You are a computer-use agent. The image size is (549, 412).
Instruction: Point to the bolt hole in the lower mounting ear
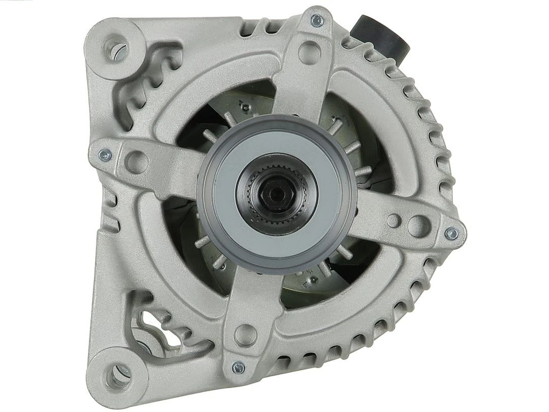click(x=118, y=375)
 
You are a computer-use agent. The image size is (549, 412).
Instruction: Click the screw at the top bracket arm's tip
click(x=317, y=20)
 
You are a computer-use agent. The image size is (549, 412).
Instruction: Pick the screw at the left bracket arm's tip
click(x=105, y=155)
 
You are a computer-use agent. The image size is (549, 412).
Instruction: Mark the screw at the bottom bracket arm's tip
click(x=238, y=367)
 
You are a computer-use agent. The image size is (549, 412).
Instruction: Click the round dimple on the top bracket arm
click(x=309, y=52)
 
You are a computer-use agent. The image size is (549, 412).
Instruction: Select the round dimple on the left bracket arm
click(x=136, y=162)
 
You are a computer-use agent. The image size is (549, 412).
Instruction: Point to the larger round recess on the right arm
click(x=418, y=226)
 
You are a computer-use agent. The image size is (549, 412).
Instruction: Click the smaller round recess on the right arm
click(x=393, y=220)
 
